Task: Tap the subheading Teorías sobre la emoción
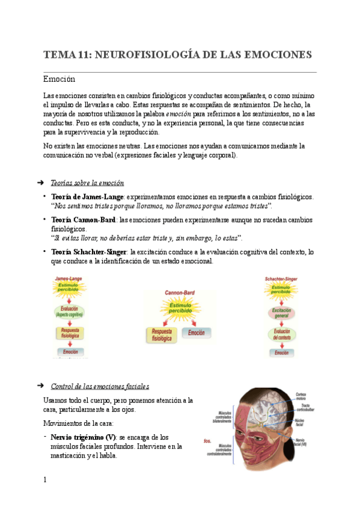click(88, 183)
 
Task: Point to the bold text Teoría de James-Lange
click(88, 197)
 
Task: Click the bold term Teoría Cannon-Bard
click(83, 220)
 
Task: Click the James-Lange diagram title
click(68, 279)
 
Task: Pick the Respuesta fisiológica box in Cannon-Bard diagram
click(162, 335)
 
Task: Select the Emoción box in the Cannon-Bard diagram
click(196, 333)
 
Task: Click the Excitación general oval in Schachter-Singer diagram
click(281, 313)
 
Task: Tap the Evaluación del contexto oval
click(282, 334)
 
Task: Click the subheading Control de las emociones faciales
click(100, 386)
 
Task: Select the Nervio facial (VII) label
click(302, 444)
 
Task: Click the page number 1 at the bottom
click(45, 479)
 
